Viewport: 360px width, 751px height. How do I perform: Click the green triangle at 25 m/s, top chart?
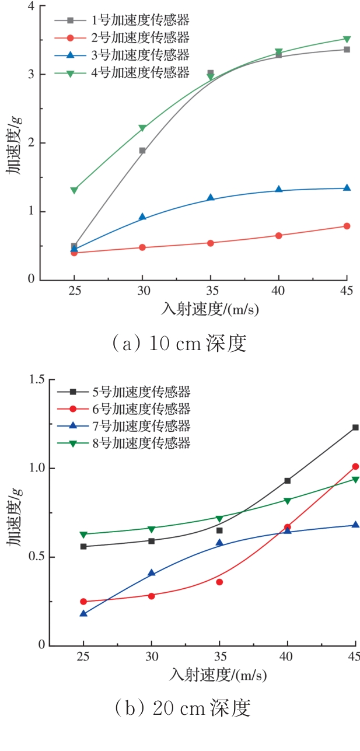[x=74, y=190]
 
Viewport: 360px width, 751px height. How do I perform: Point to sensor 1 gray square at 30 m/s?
[x=142, y=151]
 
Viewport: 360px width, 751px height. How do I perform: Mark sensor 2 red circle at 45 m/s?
[x=347, y=226]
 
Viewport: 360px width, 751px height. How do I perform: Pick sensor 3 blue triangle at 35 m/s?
[x=211, y=198]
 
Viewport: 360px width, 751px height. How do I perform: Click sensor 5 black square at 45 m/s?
[x=355, y=428]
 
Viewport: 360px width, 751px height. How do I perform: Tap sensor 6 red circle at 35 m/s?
[x=219, y=582]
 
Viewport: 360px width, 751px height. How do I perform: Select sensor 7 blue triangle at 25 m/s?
[x=83, y=613]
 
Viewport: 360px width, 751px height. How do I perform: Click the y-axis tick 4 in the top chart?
[x=31, y=6]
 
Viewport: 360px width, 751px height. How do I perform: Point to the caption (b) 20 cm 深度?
[x=183, y=709]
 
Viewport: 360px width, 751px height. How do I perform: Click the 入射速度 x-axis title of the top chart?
[x=209, y=309]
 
